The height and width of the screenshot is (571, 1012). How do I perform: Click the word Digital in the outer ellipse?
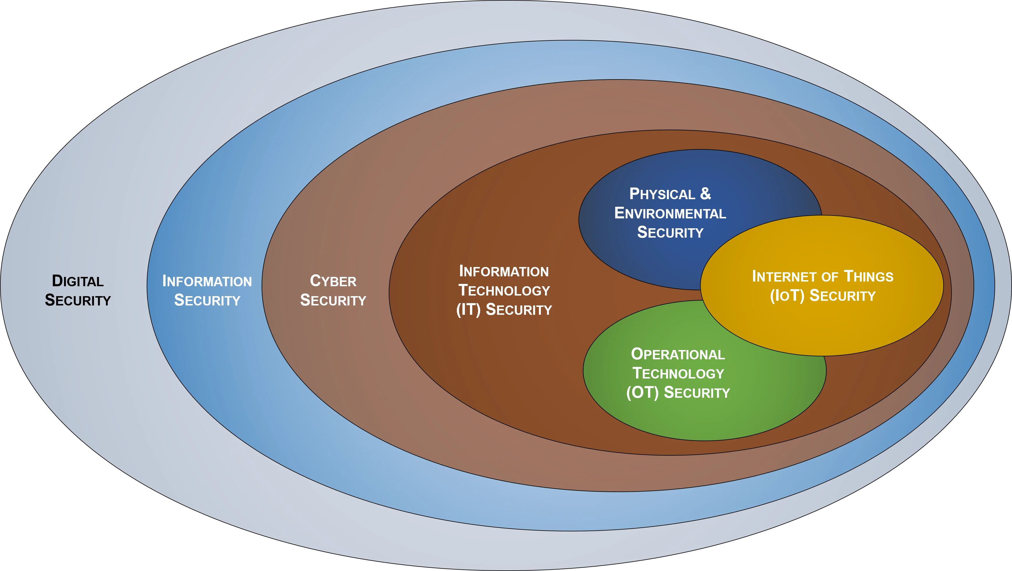78,281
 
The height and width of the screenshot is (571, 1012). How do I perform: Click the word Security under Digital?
78,300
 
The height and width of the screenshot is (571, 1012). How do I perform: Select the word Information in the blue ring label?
207,281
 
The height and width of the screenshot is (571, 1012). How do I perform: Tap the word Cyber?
333,281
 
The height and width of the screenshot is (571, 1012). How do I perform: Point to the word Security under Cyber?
333,300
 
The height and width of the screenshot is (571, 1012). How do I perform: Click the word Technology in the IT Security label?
504,291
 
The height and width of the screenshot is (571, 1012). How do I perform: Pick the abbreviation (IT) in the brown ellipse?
469,310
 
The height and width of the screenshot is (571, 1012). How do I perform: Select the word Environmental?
670,213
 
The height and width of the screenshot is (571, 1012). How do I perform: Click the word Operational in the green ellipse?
678,354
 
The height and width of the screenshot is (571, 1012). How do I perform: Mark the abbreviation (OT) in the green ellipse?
642,393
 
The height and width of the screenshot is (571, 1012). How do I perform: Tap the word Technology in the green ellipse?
678,373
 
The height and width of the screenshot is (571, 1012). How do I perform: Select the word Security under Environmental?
670,232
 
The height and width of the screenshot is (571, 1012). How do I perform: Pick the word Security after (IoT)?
843,296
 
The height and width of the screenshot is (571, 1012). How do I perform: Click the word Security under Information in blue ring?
207,300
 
